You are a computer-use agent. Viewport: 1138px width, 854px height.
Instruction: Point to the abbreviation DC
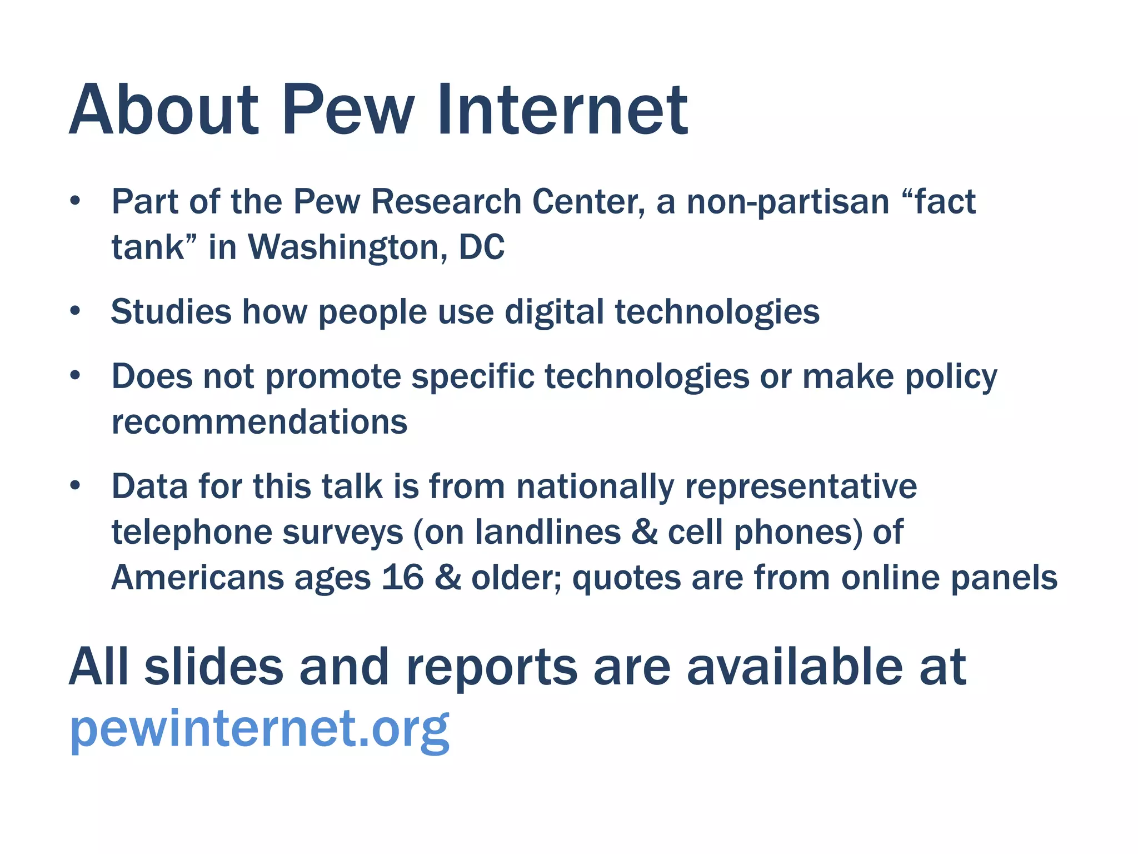point(482,247)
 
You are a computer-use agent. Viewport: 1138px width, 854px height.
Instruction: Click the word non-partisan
point(788,201)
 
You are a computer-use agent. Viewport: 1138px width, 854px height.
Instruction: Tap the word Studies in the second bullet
point(171,311)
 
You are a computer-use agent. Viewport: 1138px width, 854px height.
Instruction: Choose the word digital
point(554,312)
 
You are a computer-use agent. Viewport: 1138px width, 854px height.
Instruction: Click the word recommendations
point(259,422)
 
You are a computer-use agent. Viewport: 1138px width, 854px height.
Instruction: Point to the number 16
point(403,578)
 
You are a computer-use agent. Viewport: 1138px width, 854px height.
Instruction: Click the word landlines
point(548,532)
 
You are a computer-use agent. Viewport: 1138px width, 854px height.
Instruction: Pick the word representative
point(801,487)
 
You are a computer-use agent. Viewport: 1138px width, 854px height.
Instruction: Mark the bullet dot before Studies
point(76,311)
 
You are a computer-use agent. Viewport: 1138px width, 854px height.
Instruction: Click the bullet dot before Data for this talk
point(76,486)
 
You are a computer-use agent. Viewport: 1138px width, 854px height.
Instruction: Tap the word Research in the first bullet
point(446,201)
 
